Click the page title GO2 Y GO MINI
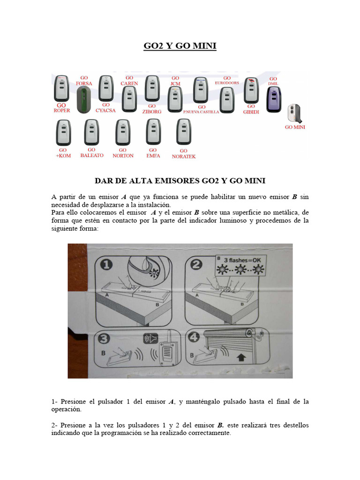point(180,46)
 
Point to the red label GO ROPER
point(61,108)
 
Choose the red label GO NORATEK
point(184,154)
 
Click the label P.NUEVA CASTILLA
point(201,112)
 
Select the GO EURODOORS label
point(227,81)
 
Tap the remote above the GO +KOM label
point(63,132)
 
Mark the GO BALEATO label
point(92,153)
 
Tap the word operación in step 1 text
point(66,409)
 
